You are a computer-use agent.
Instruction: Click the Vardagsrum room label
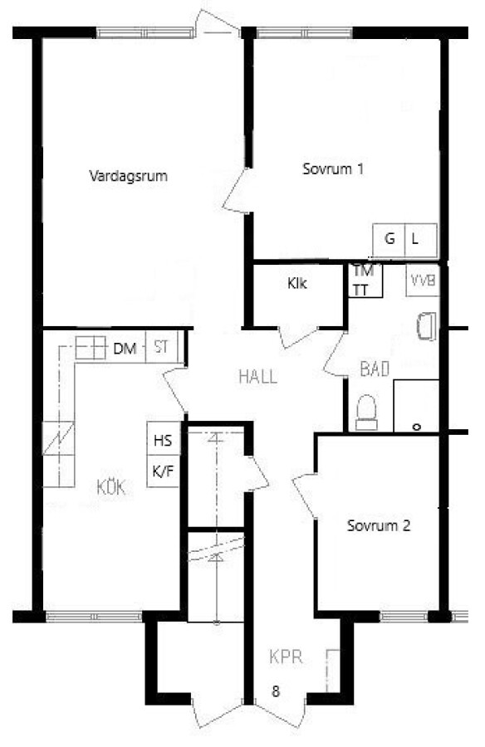pos(128,176)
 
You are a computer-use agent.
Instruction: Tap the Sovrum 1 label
pos(333,168)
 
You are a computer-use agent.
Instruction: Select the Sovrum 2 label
pos(379,525)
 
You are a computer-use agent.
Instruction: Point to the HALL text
pos(257,377)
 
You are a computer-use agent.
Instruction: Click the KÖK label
pos(111,487)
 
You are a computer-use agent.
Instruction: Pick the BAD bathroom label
pos(375,369)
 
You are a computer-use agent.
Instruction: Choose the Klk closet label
pos(296,284)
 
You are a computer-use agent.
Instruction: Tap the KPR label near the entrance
pos(287,657)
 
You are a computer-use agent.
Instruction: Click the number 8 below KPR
pos(276,691)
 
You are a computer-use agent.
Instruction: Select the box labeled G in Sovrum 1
pos(389,239)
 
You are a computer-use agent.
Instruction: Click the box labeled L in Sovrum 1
pos(420,239)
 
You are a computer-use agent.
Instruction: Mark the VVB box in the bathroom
pos(423,281)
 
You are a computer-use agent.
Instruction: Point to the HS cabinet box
pos(163,439)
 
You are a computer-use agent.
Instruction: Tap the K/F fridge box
pos(163,471)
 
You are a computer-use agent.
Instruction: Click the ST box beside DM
pos(161,347)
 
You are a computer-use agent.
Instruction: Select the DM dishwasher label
pos(125,349)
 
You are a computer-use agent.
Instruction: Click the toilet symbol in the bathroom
pos(367,412)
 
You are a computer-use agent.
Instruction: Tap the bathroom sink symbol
pos(427,326)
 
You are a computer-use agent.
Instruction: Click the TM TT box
pos(365,281)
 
